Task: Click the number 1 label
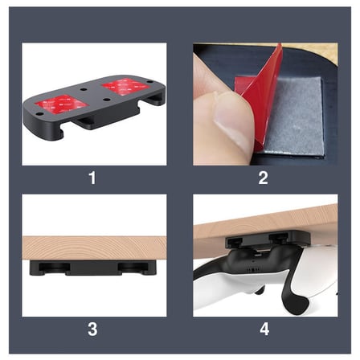(x=92, y=178)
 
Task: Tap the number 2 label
(x=263, y=178)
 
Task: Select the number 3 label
(x=92, y=329)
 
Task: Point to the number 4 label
(x=264, y=329)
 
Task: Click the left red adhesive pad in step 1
(x=62, y=104)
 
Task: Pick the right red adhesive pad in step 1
(x=125, y=86)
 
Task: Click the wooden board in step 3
(x=94, y=248)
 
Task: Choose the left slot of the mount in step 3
(x=55, y=268)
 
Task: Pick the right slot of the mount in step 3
(x=133, y=268)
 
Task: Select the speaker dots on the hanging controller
(x=252, y=270)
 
